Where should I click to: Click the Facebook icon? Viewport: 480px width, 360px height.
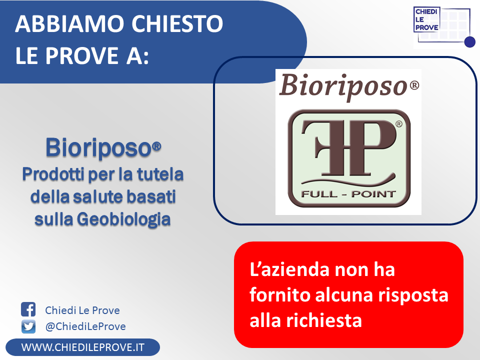(x=28, y=309)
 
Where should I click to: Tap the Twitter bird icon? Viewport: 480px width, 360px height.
(x=28, y=326)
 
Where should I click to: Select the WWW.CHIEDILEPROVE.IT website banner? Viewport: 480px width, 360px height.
(x=82, y=347)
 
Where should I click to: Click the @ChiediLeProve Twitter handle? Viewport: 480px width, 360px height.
(x=85, y=326)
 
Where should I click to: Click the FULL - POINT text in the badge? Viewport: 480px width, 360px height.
(x=348, y=194)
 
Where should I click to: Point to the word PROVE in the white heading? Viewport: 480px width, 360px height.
(x=82, y=55)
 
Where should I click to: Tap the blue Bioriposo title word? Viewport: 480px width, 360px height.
(x=98, y=148)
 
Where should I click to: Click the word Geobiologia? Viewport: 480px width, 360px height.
(x=123, y=219)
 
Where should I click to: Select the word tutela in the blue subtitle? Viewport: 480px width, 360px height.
(x=160, y=174)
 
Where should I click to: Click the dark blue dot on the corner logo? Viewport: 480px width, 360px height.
(x=469, y=42)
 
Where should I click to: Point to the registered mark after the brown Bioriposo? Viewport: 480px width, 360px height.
(x=414, y=85)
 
